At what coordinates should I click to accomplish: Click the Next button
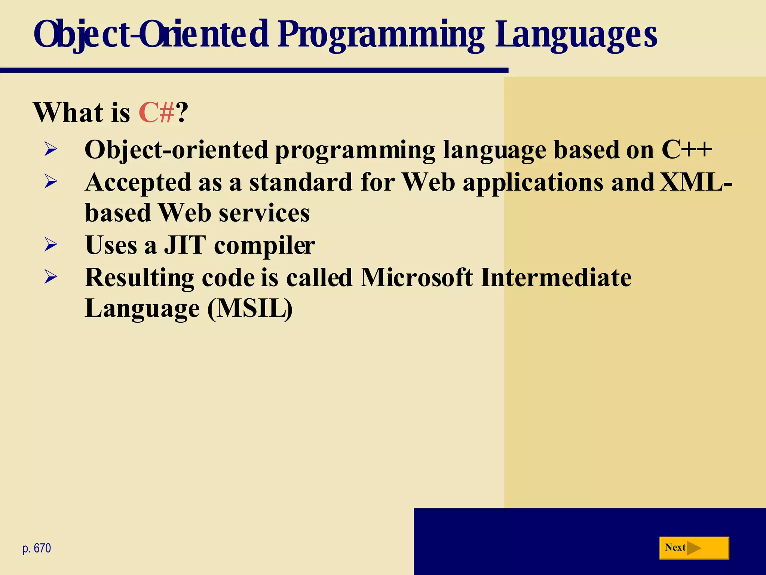694,548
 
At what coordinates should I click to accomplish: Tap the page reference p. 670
37,548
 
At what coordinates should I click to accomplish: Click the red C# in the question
156,112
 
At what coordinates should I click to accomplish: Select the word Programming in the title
381,35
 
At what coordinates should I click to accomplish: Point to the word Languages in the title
576,35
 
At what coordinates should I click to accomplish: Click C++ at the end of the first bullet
687,150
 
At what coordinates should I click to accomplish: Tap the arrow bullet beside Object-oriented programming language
51,149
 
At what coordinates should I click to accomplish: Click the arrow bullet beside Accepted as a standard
51,182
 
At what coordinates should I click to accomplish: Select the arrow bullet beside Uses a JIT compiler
51,245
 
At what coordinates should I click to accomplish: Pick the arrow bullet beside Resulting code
51,277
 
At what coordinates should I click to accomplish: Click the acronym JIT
185,245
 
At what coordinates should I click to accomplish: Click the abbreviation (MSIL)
250,309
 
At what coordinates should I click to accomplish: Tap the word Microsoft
416,277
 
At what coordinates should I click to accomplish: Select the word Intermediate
556,277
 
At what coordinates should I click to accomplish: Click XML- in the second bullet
695,182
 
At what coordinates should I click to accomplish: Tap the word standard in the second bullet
301,182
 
